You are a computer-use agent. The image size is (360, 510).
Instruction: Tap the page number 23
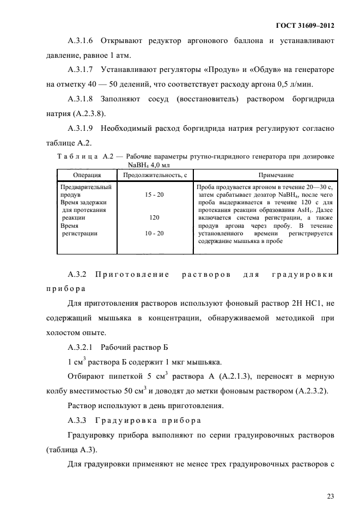pyautogui.click(x=330, y=481)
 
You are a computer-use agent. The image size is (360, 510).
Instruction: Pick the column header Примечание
pyautogui.click(x=265, y=175)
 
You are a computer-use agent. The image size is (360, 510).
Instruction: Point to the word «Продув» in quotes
pyautogui.click(x=208, y=70)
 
